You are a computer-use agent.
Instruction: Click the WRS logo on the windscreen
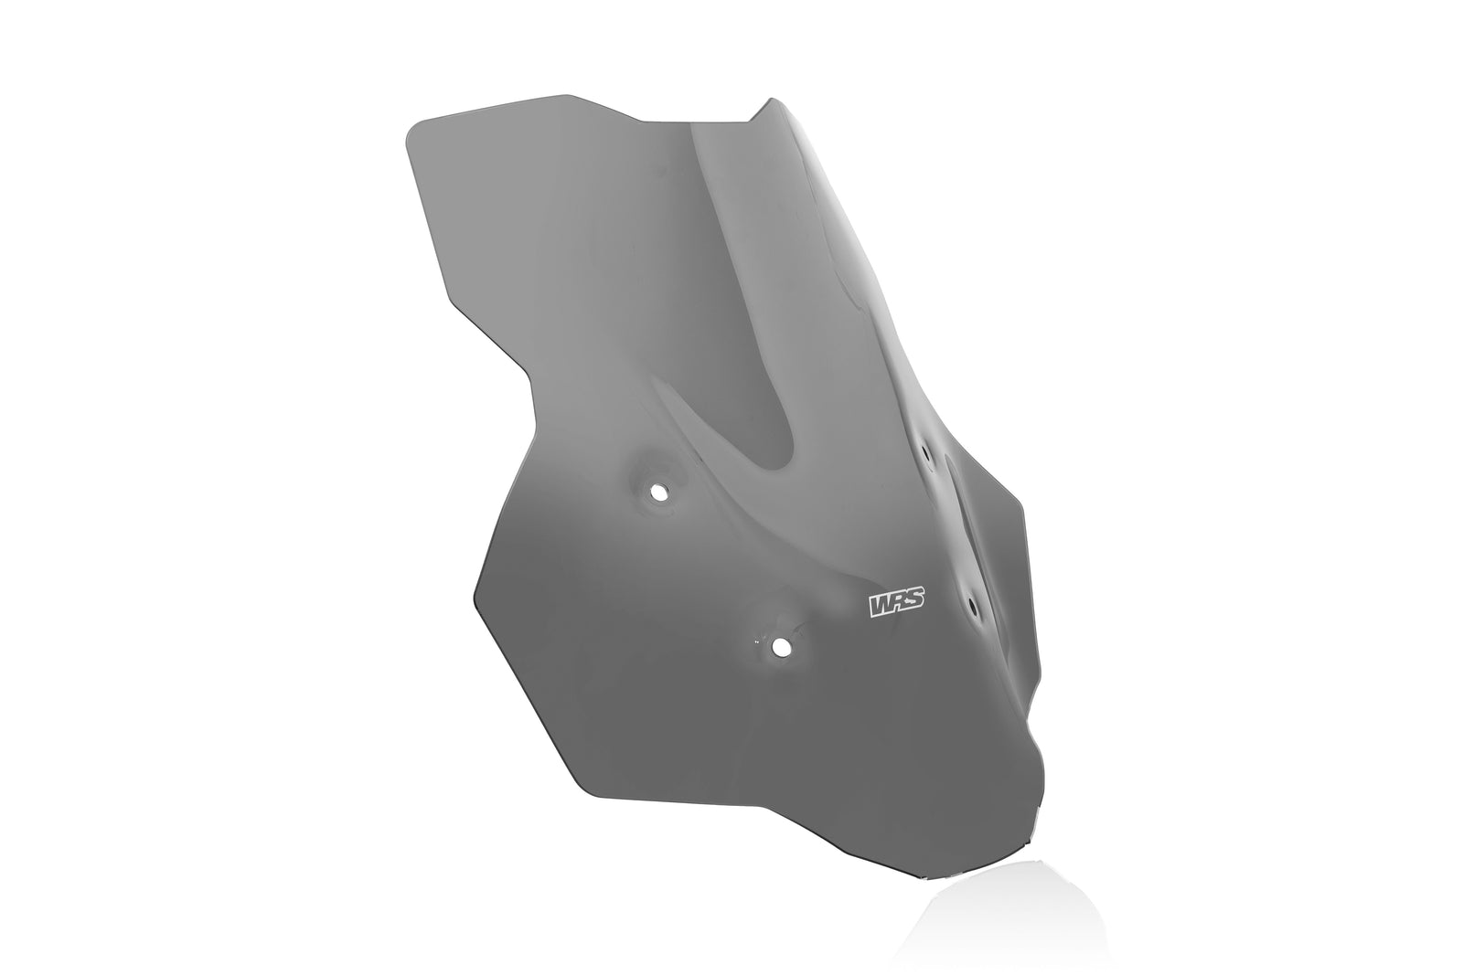[x=896, y=604]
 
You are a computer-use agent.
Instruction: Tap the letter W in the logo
[x=880, y=605]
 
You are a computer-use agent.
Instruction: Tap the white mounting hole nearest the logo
[x=780, y=646]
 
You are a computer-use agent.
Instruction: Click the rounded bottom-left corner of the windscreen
[x=585, y=786]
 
